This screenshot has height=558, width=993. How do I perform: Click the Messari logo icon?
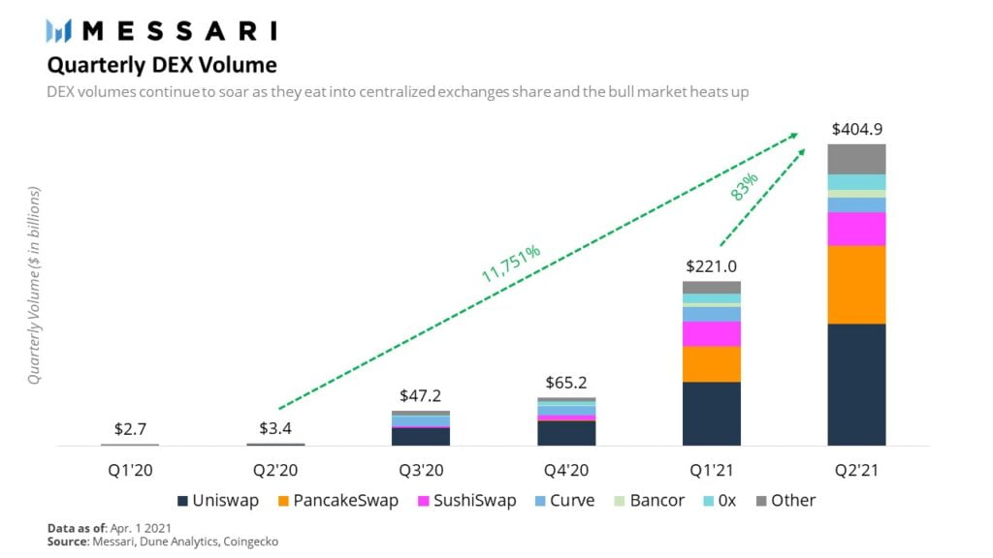(59, 31)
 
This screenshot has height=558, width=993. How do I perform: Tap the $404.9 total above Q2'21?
(856, 130)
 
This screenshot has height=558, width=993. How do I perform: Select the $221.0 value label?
(711, 266)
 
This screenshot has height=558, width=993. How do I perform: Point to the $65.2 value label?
(565, 383)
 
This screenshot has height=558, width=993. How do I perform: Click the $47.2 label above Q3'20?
(420, 396)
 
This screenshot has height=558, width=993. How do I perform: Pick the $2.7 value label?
(130, 428)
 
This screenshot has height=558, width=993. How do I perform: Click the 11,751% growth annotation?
(511, 263)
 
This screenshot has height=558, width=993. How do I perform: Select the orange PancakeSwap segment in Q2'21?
(856, 284)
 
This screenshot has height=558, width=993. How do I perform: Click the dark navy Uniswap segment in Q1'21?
(711, 414)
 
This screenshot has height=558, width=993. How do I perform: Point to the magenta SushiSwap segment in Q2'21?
(856, 229)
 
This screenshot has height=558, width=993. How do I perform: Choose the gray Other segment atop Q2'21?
(856, 159)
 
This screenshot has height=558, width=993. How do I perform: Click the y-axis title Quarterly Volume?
(34, 286)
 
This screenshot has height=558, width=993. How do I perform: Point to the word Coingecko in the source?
(248, 542)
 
